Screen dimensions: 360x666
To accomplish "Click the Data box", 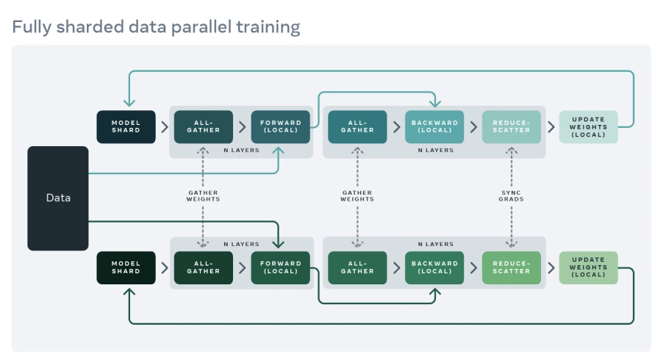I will [x=58, y=198].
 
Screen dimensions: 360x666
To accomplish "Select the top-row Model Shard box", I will [x=126, y=126].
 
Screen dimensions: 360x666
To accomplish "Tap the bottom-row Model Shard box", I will [x=126, y=267].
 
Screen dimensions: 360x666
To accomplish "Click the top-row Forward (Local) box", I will [x=280, y=126].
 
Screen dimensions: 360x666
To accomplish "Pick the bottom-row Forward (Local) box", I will [x=280, y=267].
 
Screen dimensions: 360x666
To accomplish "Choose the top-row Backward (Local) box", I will [x=434, y=126].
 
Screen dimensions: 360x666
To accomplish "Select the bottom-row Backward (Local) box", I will [x=434, y=267].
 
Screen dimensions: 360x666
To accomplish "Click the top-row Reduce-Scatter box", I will [x=511, y=126].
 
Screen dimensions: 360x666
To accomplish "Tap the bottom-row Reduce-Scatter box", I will [x=511, y=267].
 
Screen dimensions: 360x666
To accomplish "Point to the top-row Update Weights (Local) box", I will [x=588, y=126].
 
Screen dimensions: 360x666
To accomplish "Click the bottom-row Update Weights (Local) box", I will [x=588, y=267].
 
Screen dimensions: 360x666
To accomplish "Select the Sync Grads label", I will [x=511, y=196].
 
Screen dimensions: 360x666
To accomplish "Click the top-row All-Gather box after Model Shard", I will [x=203, y=126].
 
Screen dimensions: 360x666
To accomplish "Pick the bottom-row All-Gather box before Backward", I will [x=357, y=267].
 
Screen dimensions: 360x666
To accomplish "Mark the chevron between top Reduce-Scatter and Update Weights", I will [x=551, y=126].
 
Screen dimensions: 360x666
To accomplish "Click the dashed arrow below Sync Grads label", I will [x=511, y=224].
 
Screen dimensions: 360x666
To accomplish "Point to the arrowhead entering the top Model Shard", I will [x=129, y=104].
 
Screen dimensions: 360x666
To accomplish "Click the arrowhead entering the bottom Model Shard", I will [x=129, y=292].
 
